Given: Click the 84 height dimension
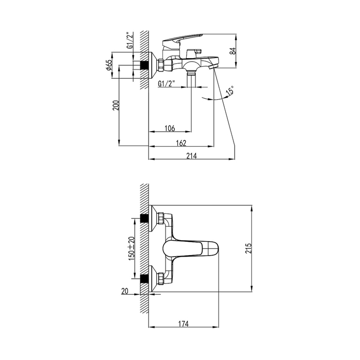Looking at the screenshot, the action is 233,51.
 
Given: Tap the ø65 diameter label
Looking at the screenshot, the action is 109,65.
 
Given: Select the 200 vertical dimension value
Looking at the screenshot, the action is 116,105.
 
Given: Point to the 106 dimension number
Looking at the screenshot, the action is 170,128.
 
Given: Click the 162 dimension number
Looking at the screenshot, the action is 181,143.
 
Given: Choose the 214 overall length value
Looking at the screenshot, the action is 192,156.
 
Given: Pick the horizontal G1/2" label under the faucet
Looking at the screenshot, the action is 167,83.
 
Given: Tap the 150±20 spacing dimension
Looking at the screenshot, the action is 132,248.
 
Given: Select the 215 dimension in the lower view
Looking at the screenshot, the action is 248,248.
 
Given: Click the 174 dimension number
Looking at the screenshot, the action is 184,324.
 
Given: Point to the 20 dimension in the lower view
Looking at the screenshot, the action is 124,292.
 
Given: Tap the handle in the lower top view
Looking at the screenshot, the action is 191,248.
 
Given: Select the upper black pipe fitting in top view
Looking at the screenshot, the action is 144,218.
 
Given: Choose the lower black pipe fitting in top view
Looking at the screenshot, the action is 144,279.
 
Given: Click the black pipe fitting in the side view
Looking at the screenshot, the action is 144,65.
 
